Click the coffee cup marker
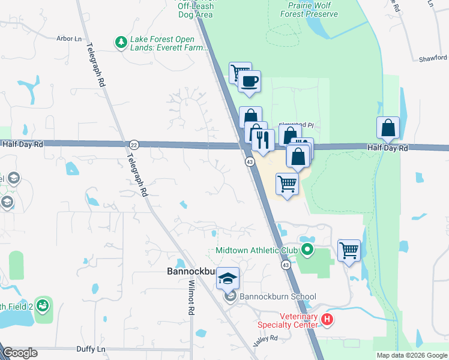click(x=249, y=81)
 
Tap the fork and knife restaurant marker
click(x=262, y=139)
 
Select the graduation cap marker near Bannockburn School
click(x=228, y=278)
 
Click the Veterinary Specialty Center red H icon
click(x=327, y=319)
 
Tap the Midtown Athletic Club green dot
click(x=307, y=250)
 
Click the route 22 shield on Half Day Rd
click(x=134, y=145)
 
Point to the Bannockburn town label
click(x=190, y=272)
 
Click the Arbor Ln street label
click(x=68, y=38)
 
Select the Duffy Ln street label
click(x=91, y=349)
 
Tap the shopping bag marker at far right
click(x=388, y=127)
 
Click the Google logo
click(x=19, y=353)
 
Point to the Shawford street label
click(x=433, y=58)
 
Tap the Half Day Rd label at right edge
click(x=388, y=148)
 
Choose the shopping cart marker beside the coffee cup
click(x=240, y=73)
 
